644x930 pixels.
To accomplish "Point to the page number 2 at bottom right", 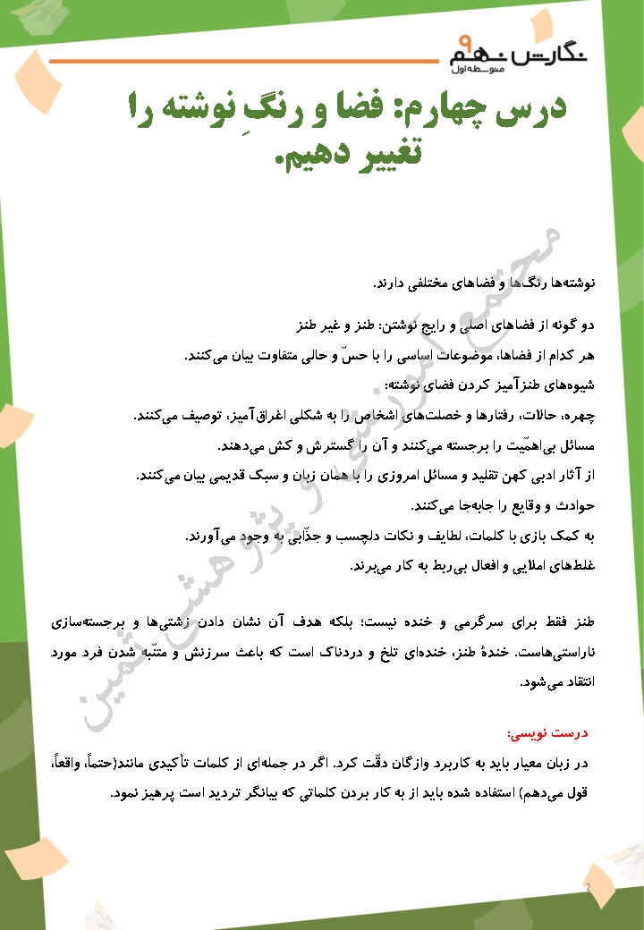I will point(588,887).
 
